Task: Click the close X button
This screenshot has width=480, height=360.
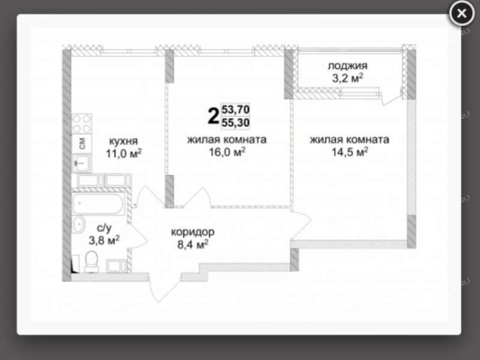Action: click(461, 13)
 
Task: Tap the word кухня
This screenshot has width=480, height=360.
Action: click(124, 142)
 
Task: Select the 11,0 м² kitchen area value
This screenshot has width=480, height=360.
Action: click(124, 153)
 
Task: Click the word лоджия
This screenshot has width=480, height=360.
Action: click(347, 66)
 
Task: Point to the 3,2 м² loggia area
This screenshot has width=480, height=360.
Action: click(347, 79)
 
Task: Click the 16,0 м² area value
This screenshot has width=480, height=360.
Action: click(227, 152)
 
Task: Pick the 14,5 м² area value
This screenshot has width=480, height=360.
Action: click(350, 152)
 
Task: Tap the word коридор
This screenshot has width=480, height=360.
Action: click(193, 232)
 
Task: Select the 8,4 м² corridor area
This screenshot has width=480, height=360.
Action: click(193, 244)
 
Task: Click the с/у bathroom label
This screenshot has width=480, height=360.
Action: click(104, 228)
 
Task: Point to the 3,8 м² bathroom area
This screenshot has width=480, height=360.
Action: click(104, 241)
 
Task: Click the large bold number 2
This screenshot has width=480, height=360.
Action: click(214, 116)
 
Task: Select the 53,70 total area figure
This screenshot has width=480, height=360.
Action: click(235, 109)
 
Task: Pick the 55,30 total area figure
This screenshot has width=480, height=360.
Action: click(235, 123)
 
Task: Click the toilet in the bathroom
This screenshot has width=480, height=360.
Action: click(92, 262)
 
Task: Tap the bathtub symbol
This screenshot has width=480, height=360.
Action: click(98, 203)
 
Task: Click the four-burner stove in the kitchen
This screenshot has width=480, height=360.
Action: click(82, 124)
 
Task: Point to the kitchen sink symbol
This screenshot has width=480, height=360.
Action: click(82, 163)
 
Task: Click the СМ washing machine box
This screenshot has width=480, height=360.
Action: click(82, 143)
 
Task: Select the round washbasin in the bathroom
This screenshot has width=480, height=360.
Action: click(79, 224)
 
